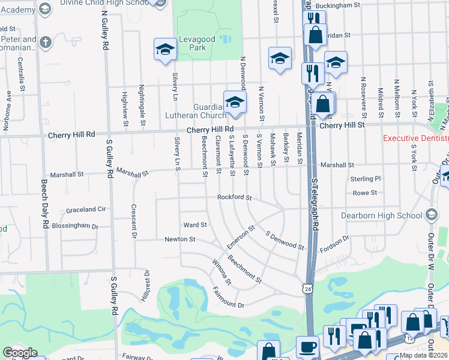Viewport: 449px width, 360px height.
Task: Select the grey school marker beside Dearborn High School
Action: click(431, 215)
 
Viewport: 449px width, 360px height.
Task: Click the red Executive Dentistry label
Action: click(415, 138)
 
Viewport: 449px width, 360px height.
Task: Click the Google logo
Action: click(20, 353)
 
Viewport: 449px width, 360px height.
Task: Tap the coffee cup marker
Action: click(307, 346)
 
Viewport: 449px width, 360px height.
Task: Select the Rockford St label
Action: click(234, 197)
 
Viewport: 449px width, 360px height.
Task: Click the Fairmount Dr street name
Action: click(229, 298)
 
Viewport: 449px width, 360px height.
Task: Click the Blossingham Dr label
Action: click(75, 226)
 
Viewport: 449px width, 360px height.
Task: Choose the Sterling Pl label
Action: click(366, 179)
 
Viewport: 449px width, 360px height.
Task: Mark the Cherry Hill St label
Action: click(342, 125)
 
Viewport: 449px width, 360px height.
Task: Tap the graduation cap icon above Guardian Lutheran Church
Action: click(235, 102)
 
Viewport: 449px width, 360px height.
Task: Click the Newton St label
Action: click(180, 239)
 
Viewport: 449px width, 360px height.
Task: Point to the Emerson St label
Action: click(241, 238)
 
